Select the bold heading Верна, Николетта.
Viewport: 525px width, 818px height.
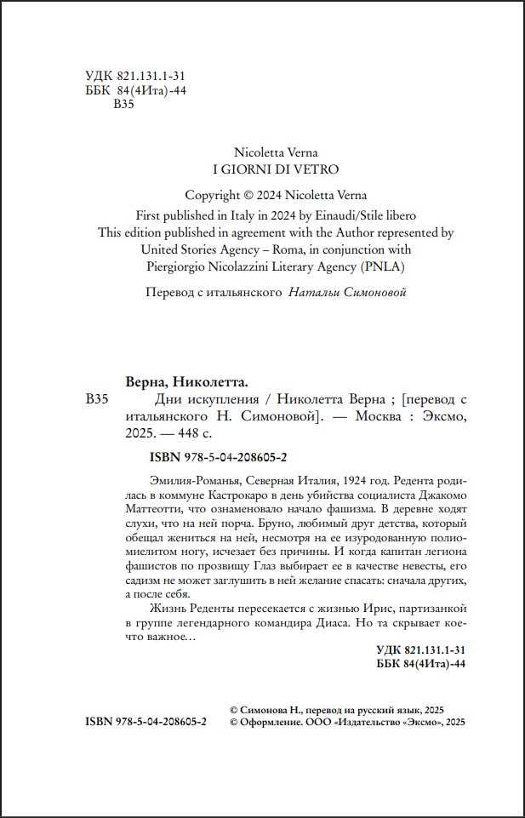[x=186, y=380]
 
